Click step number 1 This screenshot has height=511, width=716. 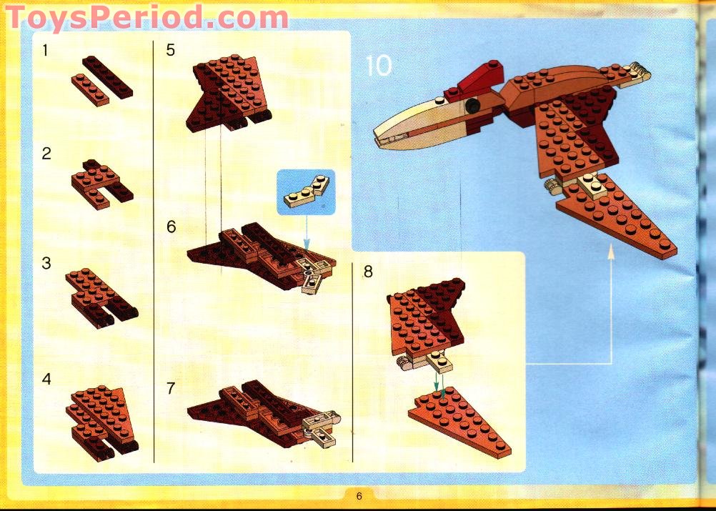pyautogui.click(x=46, y=51)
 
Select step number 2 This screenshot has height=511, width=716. pyautogui.click(x=46, y=154)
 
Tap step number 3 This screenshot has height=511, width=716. pyautogui.click(x=46, y=263)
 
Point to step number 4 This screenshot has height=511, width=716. pyautogui.click(x=46, y=379)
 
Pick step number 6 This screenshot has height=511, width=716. pyautogui.click(x=171, y=227)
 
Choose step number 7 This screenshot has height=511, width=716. pyautogui.click(x=171, y=388)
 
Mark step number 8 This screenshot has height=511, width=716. pyautogui.click(x=368, y=272)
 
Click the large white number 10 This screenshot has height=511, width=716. pyautogui.click(x=379, y=66)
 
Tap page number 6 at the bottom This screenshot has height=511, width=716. pyautogui.click(x=359, y=496)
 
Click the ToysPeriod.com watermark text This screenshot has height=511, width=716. pyautogui.click(x=146, y=17)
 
